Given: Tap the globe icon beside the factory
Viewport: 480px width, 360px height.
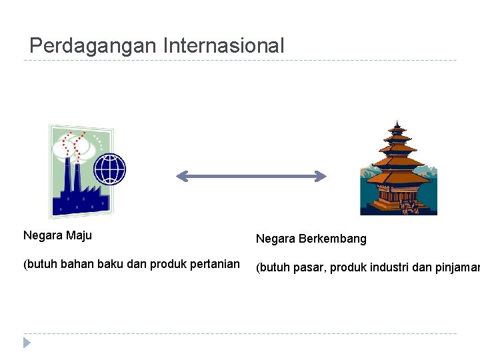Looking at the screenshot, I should [110, 168].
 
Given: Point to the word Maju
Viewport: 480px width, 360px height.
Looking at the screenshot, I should [80, 235].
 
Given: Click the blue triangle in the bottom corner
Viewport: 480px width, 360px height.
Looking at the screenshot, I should [27, 343].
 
